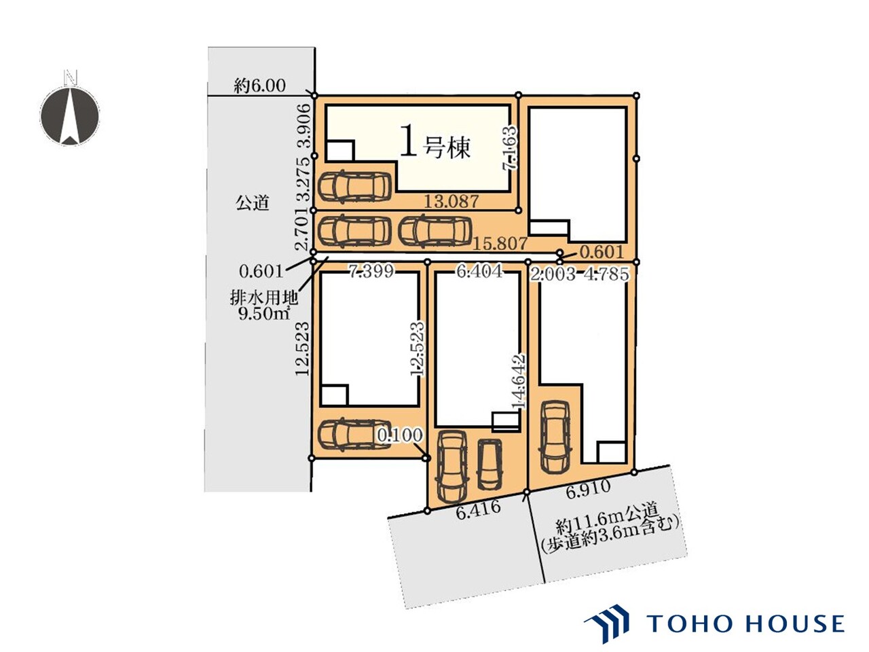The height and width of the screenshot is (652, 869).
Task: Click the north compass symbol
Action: tap(70, 113)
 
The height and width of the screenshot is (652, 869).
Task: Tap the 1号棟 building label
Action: tap(434, 142)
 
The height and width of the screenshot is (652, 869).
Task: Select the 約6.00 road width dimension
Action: tap(259, 86)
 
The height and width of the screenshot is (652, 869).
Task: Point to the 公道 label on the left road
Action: tap(252, 203)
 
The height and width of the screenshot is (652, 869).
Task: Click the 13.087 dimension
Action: tap(451, 202)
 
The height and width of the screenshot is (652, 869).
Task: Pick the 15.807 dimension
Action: tap(500, 243)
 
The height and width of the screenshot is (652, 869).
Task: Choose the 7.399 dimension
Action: tap(371, 271)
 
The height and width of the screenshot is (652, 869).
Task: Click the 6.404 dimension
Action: tap(479, 271)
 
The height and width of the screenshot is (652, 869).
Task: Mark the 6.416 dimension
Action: tap(478, 511)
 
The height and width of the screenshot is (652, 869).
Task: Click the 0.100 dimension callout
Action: tap(400, 435)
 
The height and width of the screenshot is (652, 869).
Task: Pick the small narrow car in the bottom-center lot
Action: tap(489, 464)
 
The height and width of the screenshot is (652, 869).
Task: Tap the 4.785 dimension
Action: tap(606, 274)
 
